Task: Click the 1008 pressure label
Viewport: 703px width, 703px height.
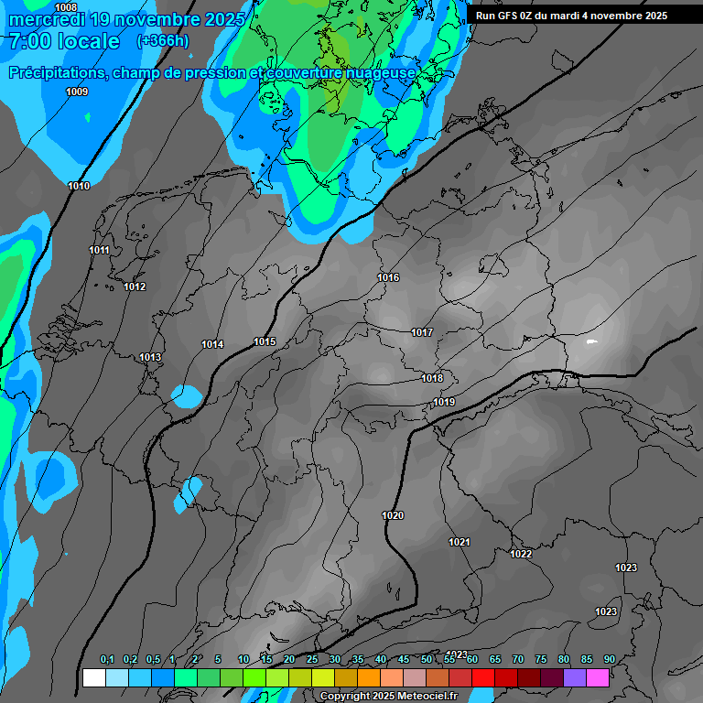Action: [66, 7]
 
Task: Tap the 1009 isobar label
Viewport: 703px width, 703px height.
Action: [77, 92]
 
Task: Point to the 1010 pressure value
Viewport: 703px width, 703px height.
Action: [79, 186]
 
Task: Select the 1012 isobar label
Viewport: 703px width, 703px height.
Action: [135, 287]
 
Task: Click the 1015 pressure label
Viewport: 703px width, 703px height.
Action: [265, 341]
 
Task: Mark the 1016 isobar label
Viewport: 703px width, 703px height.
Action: [388, 277]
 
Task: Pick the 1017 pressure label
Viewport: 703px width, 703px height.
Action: [422, 332]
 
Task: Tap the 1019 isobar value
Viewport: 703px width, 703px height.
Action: [445, 402]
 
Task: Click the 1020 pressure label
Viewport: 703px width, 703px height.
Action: [393, 515]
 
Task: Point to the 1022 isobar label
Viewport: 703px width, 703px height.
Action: [521, 554]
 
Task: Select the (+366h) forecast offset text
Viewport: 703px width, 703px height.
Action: [163, 41]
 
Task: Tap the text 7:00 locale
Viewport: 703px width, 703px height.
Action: [63, 41]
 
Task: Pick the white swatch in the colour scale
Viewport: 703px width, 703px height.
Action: [93, 678]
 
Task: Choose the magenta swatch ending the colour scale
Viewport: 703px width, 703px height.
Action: [598, 678]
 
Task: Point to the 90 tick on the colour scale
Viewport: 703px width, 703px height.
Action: [609, 659]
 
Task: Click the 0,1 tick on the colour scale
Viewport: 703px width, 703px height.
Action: [106, 659]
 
